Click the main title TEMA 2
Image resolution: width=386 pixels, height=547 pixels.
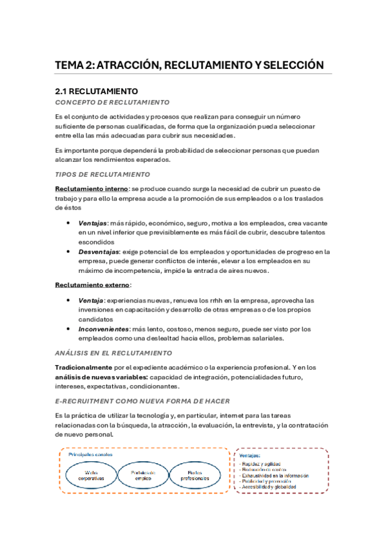pyautogui.click(x=189, y=65)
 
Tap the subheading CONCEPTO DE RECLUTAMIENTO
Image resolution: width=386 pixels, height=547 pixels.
pyautogui.click(x=112, y=103)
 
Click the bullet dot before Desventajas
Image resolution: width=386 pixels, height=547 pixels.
pyautogui.click(x=68, y=252)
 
